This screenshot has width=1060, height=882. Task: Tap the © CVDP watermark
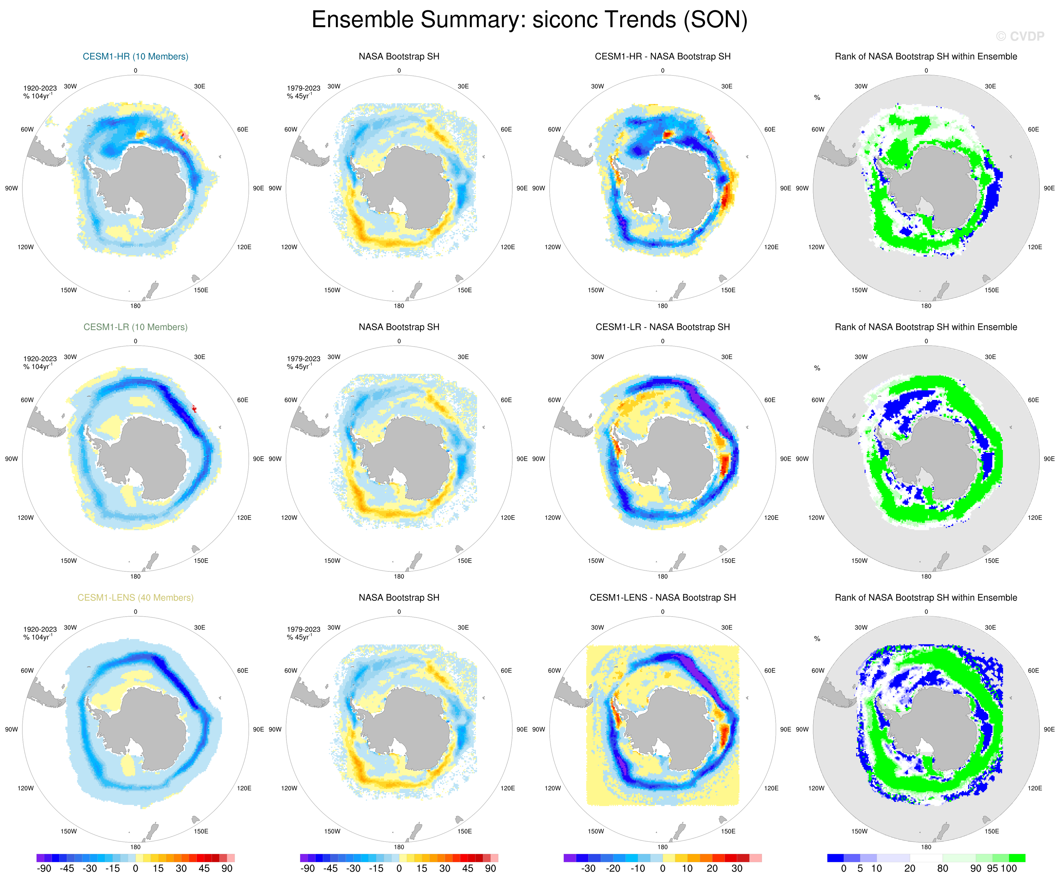[1020, 36]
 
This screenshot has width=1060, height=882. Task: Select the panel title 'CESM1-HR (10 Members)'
[135, 57]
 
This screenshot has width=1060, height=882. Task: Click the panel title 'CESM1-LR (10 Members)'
[135, 327]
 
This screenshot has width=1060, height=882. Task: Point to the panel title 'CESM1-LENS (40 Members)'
[135, 598]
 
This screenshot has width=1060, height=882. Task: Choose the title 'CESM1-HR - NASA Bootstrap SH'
[662, 57]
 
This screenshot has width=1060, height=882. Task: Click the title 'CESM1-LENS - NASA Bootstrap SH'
[662, 598]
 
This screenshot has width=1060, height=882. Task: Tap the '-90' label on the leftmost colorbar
[44, 868]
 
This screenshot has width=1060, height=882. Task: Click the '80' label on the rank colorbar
[943, 868]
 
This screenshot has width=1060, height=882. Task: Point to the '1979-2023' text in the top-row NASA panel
[303, 88]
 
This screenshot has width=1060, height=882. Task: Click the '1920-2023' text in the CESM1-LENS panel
[40, 629]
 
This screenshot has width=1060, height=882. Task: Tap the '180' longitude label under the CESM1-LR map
[135, 576]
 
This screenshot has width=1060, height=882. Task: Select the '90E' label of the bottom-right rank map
[1049, 729]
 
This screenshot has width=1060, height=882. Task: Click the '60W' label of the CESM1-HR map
[27, 130]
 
